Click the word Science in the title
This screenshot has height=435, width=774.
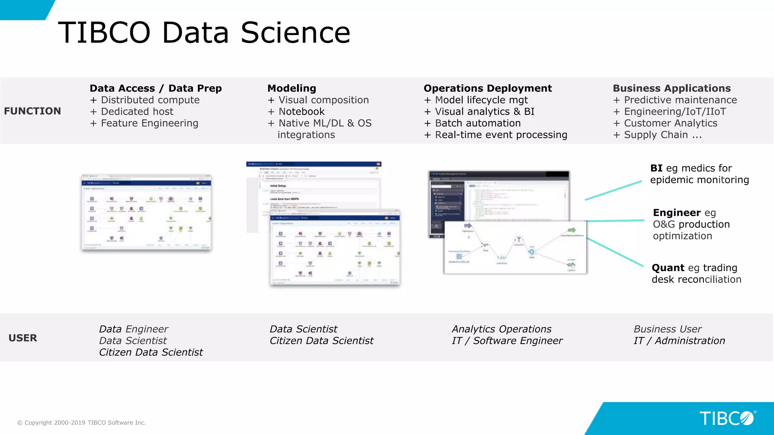coord(295,33)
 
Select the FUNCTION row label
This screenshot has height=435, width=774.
coord(33,111)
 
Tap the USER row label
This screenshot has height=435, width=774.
coord(23,338)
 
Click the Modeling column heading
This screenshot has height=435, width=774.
coord(291,88)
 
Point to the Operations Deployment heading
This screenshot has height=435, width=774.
coord(488,88)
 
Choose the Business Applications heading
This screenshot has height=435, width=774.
coord(672,88)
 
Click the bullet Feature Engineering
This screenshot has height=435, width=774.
coord(149,123)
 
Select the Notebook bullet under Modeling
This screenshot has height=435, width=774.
coord(301,112)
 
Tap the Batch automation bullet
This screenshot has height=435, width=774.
coord(477,123)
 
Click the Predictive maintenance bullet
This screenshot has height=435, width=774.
coord(680,100)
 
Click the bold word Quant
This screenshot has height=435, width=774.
coord(668,268)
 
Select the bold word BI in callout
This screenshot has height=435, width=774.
coord(656,168)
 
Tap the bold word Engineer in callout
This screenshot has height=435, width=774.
coord(676,213)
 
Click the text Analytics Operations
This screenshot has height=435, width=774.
coord(502,329)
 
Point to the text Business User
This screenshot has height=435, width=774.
coord(667,329)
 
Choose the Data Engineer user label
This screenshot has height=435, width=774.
coord(133,329)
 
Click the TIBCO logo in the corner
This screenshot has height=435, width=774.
coord(727,418)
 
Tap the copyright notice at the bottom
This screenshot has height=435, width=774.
coord(82,423)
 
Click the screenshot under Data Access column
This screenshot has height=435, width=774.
coord(146,212)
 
